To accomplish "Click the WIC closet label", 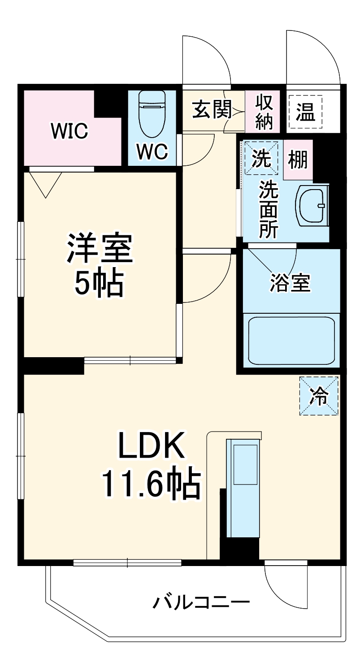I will pos(69,132).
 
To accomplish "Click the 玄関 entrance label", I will pos(212,109).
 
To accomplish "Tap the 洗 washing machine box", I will pos(261,158).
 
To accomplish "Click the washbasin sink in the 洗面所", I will pos(312,205).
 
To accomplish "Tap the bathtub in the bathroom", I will pos(292,341).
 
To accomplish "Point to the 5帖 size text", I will pos(99,283).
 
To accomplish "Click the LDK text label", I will pos(152,445).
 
